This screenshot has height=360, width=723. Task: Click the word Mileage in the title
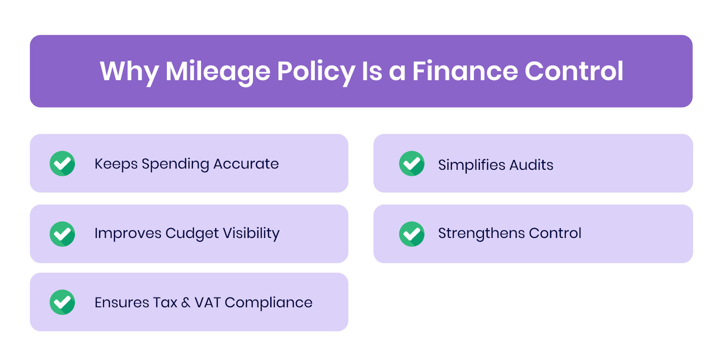tap(217, 71)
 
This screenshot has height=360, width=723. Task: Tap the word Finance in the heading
tap(465, 71)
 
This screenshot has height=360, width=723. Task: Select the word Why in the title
tap(129, 71)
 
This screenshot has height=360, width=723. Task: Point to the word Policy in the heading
tap(316, 71)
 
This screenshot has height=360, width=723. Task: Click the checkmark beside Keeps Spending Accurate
tap(62, 164)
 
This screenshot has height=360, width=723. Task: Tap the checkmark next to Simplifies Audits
tap(412, 164)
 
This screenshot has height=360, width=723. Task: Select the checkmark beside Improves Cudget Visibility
tap(62, 234)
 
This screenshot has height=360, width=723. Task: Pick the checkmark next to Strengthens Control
tap(412, 234)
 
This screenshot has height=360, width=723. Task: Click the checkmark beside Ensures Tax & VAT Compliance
tap(62, 302)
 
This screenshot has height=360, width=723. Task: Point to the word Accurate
tap(246, 164)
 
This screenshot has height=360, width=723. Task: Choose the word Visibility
tap(251, 234)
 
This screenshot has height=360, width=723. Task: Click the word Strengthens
tap(481, 234)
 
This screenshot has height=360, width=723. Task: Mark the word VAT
tap(207, 302)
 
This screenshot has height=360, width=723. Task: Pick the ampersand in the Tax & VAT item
tap(186, 303)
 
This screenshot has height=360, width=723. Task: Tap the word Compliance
tap(268, 303)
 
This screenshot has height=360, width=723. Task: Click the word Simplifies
tap(472, 165)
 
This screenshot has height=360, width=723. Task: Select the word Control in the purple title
tap(574, 71)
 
